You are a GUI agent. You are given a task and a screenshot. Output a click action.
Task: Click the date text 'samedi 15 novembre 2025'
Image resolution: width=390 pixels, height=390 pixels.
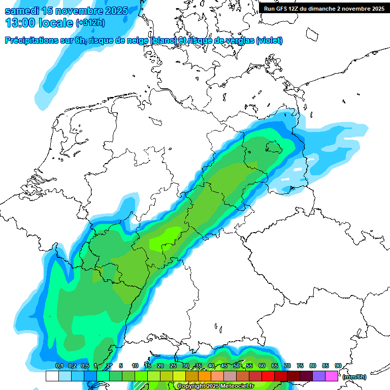[x=66, y=11]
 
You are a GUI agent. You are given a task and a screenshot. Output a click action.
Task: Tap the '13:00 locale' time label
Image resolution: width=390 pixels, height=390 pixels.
[x=39, y=23]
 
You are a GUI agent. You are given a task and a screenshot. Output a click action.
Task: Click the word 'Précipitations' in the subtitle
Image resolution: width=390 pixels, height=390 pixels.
[x=31, y=40]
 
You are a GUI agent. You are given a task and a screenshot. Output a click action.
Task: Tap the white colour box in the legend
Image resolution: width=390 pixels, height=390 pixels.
[x=52, y=376]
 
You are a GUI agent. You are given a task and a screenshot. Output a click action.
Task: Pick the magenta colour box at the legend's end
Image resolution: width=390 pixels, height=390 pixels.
[x=332, y=376]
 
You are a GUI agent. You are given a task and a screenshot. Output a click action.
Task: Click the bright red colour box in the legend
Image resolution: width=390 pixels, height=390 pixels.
[x=268, y=376]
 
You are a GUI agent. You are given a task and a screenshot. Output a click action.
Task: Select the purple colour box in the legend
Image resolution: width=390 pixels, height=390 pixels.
[x=319, y=376]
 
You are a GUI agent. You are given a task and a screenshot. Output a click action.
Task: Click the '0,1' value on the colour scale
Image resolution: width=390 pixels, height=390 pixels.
[x=59, y=366]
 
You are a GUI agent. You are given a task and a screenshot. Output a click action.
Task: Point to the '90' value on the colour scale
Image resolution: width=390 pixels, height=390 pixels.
[x=338, y=366]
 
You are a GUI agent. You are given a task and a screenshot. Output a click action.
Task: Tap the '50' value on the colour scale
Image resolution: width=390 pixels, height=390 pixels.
[x=236, y=366]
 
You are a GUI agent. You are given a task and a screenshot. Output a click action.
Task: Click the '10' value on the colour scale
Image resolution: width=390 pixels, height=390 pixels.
[x=135, y=366]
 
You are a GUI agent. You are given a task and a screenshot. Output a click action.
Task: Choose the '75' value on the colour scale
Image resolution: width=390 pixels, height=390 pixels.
[x=300, y=366]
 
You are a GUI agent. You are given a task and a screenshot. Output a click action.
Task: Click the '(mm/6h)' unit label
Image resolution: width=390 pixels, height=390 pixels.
[x=354, y=377]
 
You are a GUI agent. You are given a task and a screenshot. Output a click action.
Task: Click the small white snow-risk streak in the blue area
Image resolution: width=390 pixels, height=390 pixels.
[x=297, y=169]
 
